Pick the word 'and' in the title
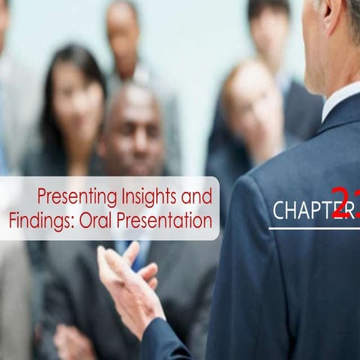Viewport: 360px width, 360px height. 196,197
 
